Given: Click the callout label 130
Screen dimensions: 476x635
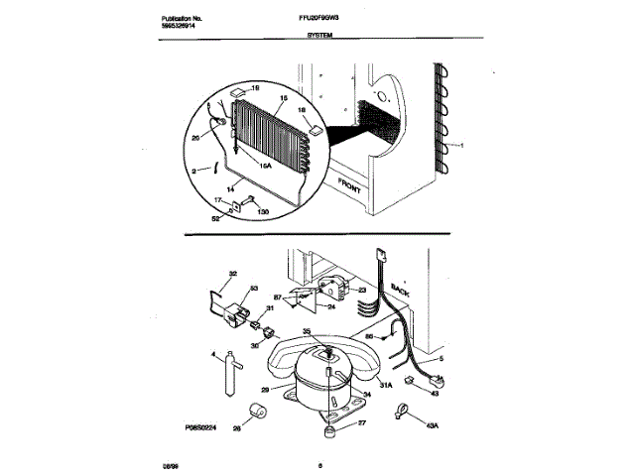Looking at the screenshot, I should pyautogui.click(x=263, y=212).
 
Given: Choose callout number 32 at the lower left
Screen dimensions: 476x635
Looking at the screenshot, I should pyautogui.click(x=233, y=274).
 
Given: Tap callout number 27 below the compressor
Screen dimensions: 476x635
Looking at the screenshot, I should pyautogui.click(x=361, y=423).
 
